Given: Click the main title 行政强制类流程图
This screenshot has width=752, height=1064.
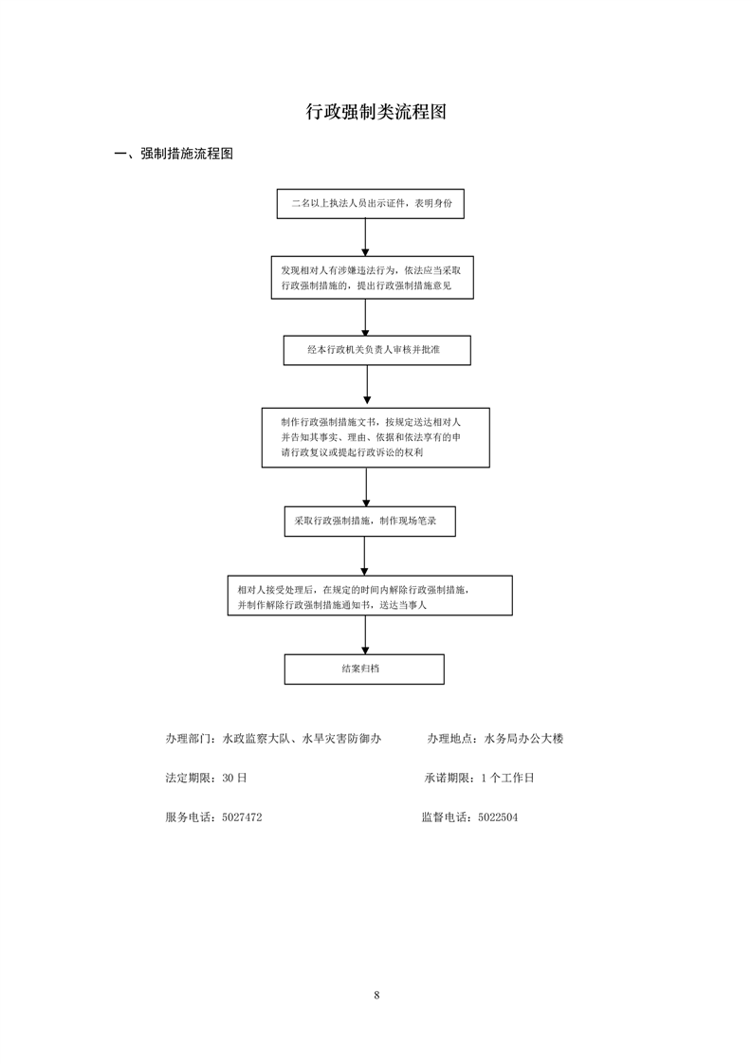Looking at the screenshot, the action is pos(376,112).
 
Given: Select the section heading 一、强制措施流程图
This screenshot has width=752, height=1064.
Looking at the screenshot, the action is pos(174,154).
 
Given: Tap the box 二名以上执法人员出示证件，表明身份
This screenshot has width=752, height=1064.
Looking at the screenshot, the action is pos(371,204).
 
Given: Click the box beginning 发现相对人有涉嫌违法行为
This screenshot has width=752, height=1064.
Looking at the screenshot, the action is pos(372,278).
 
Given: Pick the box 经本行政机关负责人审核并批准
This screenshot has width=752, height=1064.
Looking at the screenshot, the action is pos(376,350).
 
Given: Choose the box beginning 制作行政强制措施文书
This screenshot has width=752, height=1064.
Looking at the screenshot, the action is pos(376,438).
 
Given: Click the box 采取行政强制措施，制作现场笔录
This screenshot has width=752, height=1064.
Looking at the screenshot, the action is pos(370,522).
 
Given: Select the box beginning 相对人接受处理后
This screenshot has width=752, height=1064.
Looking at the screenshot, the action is pos(370,596).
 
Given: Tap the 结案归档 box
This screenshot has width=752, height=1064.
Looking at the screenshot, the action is pos(364,670).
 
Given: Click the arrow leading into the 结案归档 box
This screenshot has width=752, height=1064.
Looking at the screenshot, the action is pos(365,635).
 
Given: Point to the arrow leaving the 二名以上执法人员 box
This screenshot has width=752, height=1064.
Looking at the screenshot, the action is pos(365,237).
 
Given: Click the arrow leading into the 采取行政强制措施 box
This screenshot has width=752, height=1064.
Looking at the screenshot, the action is pos(366,487).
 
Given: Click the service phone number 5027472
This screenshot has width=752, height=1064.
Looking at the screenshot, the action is pos(242,817).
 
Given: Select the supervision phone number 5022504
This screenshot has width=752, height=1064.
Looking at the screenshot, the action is pos(498,817).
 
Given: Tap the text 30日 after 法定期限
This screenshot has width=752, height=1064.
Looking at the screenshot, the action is pos(234,779).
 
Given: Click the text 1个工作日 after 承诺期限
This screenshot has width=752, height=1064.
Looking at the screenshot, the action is pos(507,779).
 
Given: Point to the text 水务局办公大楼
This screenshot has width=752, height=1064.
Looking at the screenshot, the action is pos(523,739).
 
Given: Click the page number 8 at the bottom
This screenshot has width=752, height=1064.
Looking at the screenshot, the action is pos(376,996).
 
